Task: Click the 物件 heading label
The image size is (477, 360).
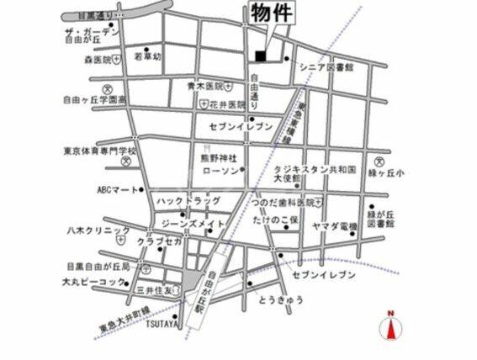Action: coord(271,13)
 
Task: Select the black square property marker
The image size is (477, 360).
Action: coord(260,56)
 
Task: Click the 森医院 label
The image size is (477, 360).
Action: coord(98,60)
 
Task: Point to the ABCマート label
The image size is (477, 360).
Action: coord(117,190)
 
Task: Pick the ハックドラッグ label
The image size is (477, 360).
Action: coord(188,202)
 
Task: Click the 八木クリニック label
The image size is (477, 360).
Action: coord(98,229)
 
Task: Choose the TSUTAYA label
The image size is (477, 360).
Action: coord(161,322)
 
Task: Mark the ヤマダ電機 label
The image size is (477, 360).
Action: coord(335,227)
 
